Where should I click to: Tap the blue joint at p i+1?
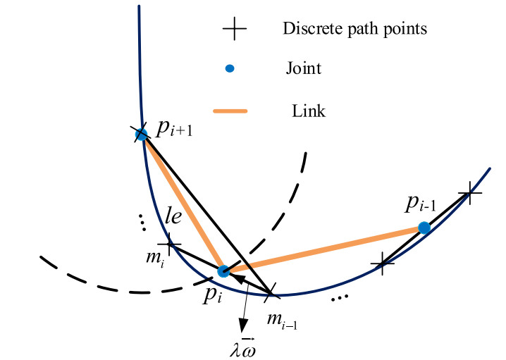point(141,134)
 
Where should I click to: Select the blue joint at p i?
point(223,271)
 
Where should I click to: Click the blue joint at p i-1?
point(424,228)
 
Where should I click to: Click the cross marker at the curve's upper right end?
point(469,192)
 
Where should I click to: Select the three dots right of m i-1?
point(339,298)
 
